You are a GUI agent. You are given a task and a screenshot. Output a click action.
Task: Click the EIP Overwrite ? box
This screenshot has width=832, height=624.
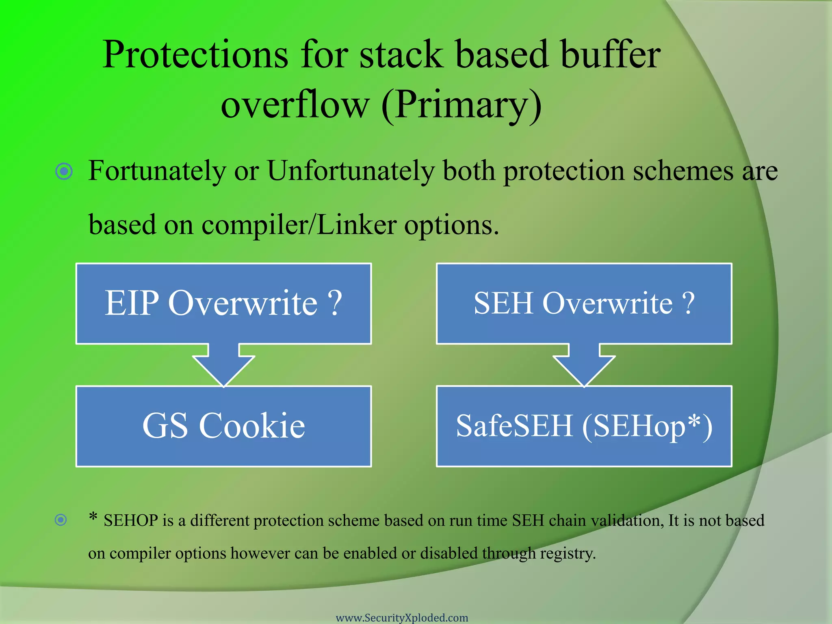[x=223, y=303]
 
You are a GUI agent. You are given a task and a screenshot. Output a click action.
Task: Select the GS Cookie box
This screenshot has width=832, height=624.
[x=223, y=426]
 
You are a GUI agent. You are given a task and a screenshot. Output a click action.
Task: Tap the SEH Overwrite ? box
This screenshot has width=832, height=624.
[x=584, y=303]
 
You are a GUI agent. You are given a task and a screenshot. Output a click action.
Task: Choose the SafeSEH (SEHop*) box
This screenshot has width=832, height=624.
[x=584, y=426]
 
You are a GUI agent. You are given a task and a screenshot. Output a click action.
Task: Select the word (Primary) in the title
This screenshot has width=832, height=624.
[x=461, y=105]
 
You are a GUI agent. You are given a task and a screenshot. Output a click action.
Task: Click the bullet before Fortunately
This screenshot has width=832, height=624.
[x=64, y=171]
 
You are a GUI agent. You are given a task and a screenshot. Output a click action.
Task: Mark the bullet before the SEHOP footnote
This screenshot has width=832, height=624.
[x=61, y=520]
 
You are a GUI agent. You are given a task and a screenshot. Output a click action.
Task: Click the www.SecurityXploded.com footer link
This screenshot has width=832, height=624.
[x=402, y=617]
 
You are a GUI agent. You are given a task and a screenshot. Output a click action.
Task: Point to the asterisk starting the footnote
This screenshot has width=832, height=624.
[x=93, y=517]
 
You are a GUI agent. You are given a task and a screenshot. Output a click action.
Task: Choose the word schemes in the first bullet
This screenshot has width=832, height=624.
[x=683, y=171]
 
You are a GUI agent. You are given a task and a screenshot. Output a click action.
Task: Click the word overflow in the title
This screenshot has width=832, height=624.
[x=295, y=105]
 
